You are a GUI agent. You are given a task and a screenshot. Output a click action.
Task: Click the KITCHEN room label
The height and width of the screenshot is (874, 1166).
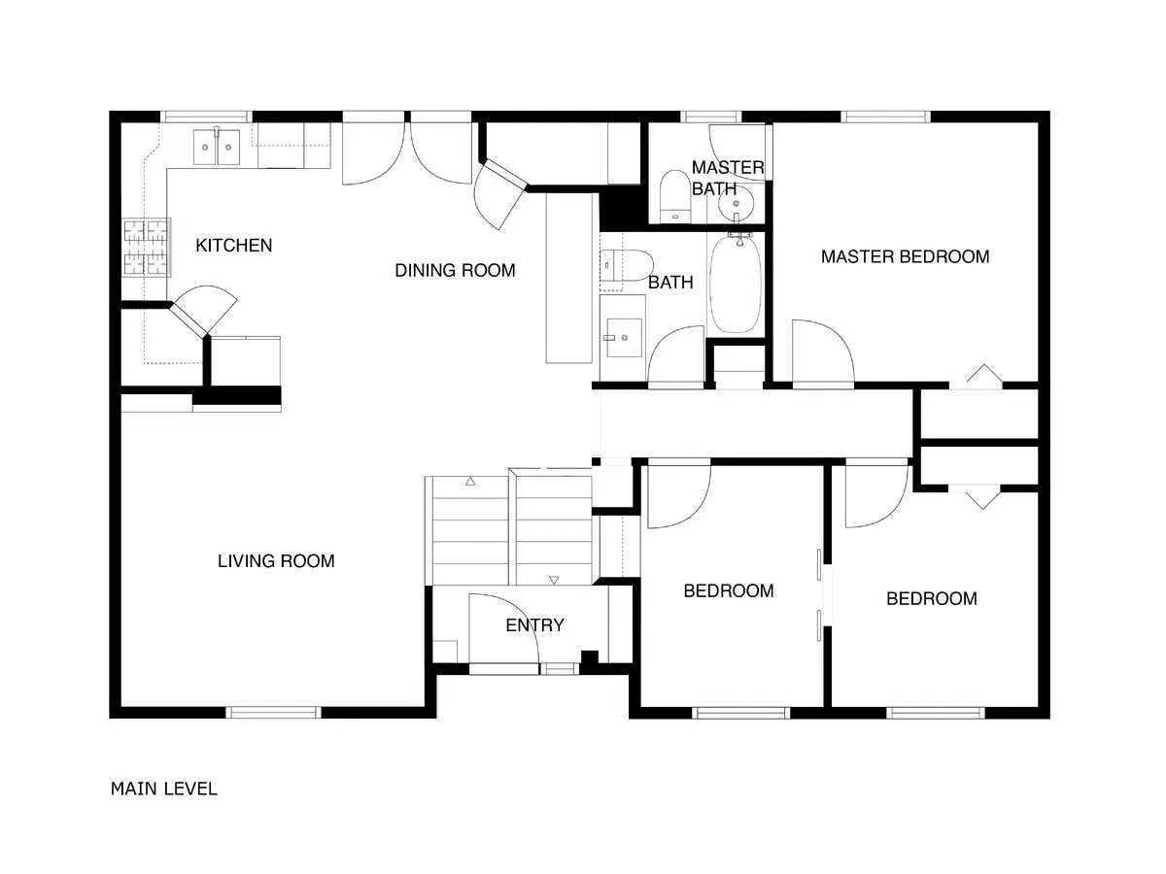pyautogui.click(x=234, y=246)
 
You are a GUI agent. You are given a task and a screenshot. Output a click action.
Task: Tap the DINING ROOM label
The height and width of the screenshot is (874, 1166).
pyautogui.click(x=455, y=271)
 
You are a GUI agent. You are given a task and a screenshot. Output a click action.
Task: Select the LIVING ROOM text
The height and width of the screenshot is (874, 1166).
pyautogui.click(x=276, y=561)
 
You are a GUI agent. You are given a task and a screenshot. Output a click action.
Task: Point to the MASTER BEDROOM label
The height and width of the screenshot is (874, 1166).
pyautogui.click(x=905, y=257)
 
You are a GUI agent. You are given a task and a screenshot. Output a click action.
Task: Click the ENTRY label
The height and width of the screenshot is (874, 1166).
pyautogui.click(x=534, y=625)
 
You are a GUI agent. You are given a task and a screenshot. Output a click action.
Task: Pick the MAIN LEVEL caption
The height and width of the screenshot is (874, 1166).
pyautogui.click(x=164, y=789)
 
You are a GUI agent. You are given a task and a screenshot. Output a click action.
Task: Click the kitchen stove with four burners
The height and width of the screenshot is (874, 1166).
pyautogui.click(x=146, y=247)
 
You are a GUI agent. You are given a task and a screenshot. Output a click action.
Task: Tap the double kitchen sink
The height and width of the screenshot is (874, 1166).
pyautogui.click(x=216, y=149)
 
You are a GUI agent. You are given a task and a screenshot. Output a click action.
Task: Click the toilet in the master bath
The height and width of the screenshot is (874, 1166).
pyautogui.click(x=673, y=195)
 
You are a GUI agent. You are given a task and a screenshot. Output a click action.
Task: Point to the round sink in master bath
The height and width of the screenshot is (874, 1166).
pyautogui.click(x=737, y=204)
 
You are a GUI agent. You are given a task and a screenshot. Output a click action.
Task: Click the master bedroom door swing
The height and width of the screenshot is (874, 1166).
pyautogui.click(x=822, y=352)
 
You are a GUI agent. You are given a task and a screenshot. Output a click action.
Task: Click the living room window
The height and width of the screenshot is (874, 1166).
pyautogui.click(x=273, y=712)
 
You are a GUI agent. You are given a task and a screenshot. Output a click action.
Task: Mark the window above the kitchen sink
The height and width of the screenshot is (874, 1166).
pyautogui.click(x=206, y=117)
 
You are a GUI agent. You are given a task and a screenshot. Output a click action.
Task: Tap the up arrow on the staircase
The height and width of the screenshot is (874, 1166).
pyautogui.click(x=470, y=481)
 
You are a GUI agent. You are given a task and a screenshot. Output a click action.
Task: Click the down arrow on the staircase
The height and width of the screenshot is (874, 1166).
pyautogui.click(x=554, y=580)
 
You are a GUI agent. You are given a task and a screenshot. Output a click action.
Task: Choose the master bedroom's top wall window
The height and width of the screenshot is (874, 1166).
pyautogui.click(x=885, y=117)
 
